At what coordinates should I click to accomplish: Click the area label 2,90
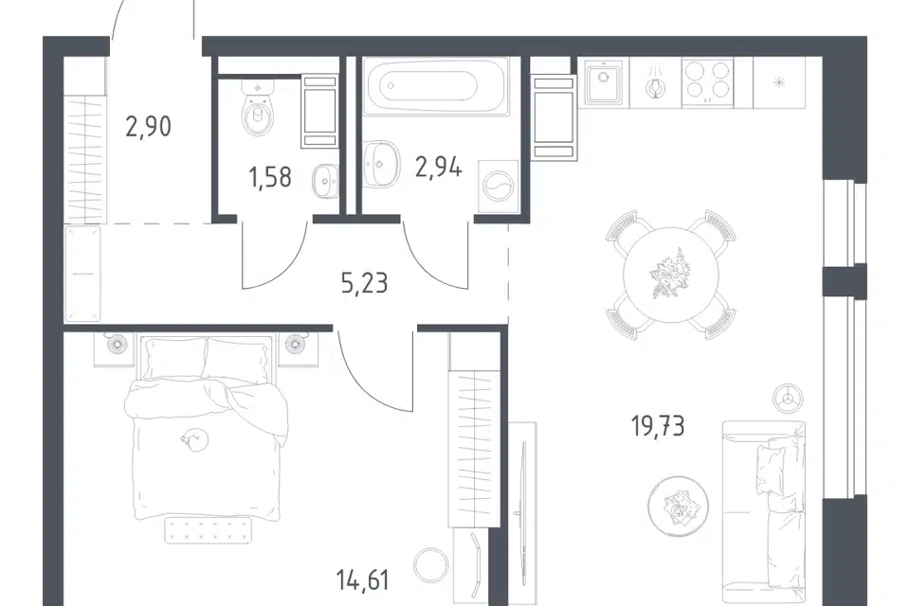pos(149,127)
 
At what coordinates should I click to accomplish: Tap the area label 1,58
pos(270,177)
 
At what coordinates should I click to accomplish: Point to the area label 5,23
pos(364,283)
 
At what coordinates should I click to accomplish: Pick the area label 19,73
pos(658,426)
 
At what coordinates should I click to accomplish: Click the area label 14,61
pos(363,579)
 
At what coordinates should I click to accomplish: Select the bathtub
pos(435,86)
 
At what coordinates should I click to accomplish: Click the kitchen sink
pos(603,83)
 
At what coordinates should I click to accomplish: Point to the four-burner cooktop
pos(707,82)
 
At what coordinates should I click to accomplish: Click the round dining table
pos(671,275)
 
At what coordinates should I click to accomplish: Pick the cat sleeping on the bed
pos(193,439)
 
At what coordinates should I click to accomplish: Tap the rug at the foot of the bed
pos(209,530)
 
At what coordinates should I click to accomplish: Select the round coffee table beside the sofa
pos(678,505)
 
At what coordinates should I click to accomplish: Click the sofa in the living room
pos(764,512)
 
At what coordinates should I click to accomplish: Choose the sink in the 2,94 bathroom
pos(381,164)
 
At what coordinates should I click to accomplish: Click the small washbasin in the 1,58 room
pos(325,181)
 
